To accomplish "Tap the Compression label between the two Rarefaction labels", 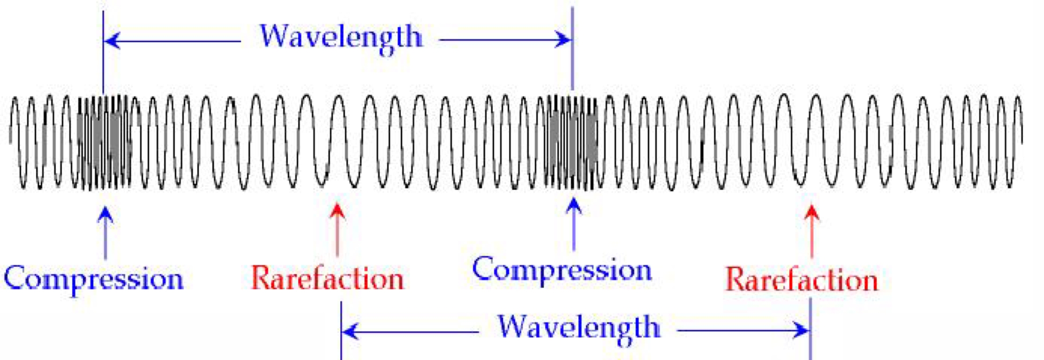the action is [x=562, y=270].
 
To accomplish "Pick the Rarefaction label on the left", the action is [x=327, y=278].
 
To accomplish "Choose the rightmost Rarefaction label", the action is [x=802, y=280].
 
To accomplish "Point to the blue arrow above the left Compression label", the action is [x=105, y=233].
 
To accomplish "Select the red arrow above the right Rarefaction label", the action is [x=812, y=231].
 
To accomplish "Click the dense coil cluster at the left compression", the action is [x=104, y=142].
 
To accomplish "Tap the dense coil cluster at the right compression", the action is [x=572, y=142].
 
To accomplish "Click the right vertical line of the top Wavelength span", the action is [x=572, y=49].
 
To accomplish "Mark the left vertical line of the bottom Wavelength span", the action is [x=341, y=330].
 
